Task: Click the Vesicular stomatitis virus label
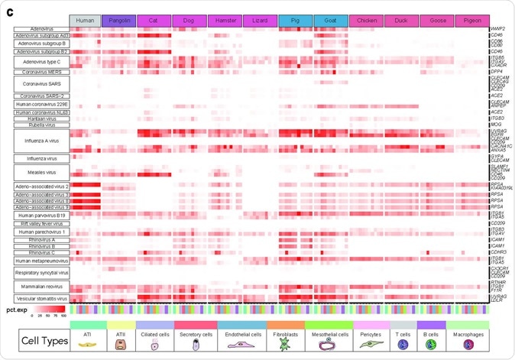pyautogui.click(x=41, y=298)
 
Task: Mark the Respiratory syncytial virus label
pyautogui.click(x=41, y=271)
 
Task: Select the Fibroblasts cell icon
pyautogui.click(x=284, y=342)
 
